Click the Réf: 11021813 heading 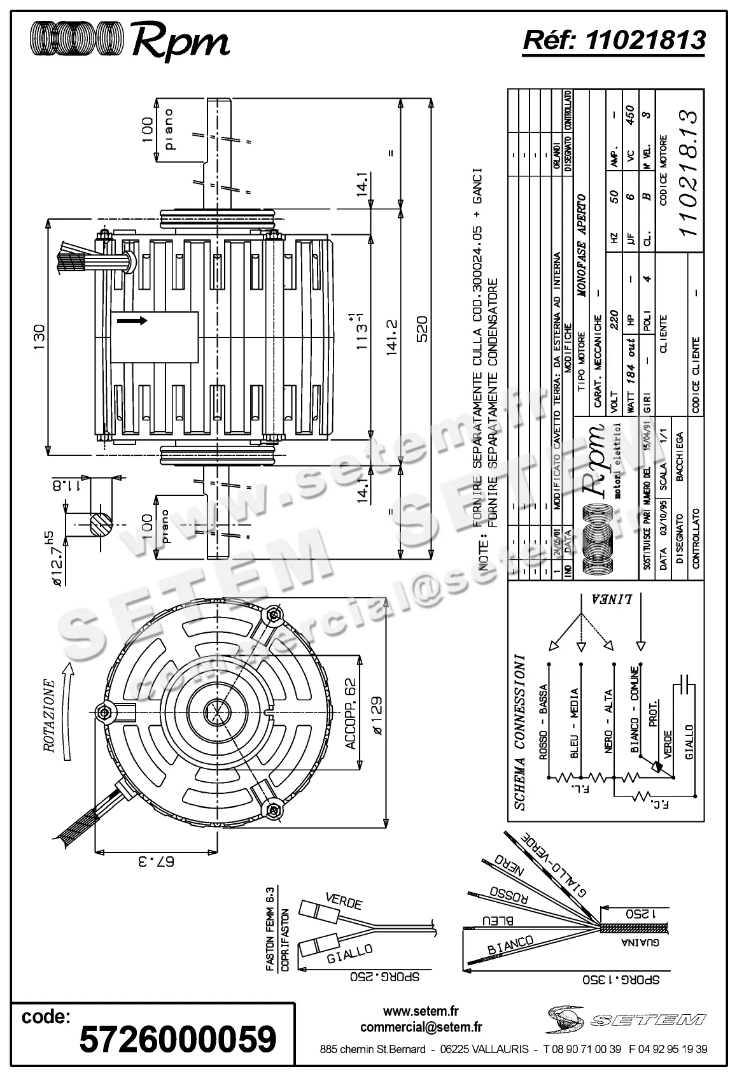pos(614,40)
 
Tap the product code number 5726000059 pos(178,1039)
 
